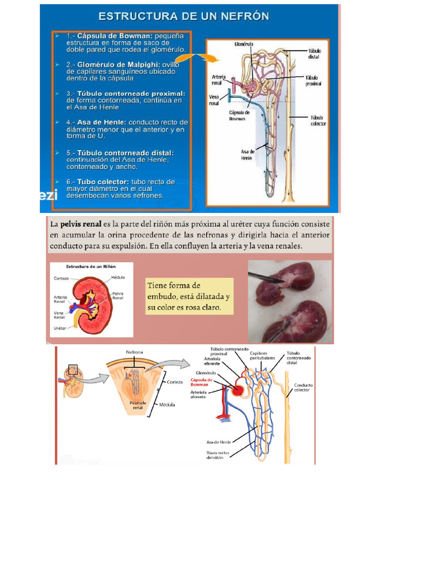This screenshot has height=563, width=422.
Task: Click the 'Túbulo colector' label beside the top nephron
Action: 318,120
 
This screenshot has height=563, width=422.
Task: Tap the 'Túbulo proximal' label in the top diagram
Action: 314,81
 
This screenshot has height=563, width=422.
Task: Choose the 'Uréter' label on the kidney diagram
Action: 60,328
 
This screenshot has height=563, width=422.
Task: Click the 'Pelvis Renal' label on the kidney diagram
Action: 118,296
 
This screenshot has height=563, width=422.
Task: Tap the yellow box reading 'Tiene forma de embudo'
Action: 189,296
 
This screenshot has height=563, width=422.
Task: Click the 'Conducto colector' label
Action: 303,388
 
